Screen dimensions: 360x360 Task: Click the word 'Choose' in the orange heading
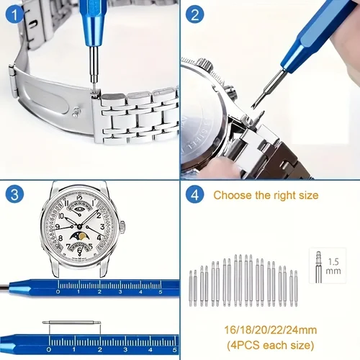[x=232, y=195]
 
